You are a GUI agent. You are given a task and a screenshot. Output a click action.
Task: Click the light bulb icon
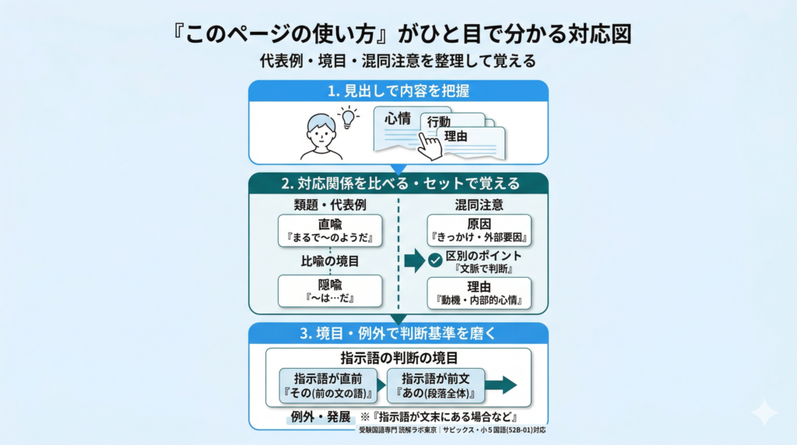click(x=348, y=117)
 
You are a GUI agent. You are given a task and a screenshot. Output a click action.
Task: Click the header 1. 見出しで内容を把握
click(x=398, y=91)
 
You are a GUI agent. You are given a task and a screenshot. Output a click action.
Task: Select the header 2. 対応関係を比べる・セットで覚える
click(x=398, y=184)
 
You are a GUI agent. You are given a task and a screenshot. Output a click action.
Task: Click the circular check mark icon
click(x=435, y=261)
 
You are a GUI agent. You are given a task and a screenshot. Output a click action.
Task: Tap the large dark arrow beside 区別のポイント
click(x=414, y=261)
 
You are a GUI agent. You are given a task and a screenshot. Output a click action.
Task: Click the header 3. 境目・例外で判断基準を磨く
click(x=398, y=334)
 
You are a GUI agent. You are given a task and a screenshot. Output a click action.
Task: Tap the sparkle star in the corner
click(x=764, y=412)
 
